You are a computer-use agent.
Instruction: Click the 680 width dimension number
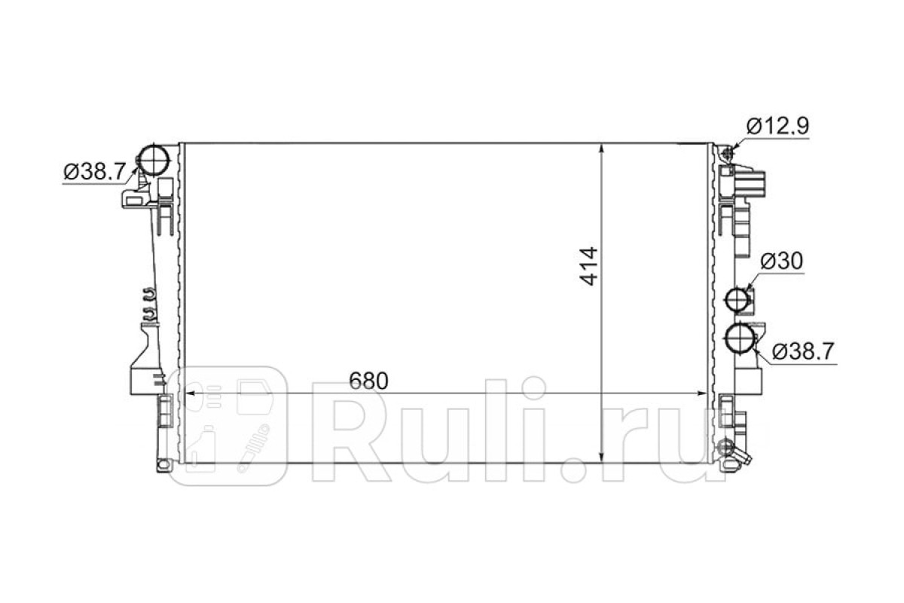pyautogui.click(x=368, y=381)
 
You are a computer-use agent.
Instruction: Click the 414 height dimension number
pyautogui.click(x=588, y=267)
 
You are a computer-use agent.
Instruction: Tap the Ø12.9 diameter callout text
pyautogui.click(x=777, y=126)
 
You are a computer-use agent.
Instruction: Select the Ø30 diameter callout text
pyautogui.click(x=782, y=262)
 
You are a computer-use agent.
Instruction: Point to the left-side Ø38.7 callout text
pyautogui.click(x=95, y=173)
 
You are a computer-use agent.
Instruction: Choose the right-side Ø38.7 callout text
pyautogui.click(x=803, y=351)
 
